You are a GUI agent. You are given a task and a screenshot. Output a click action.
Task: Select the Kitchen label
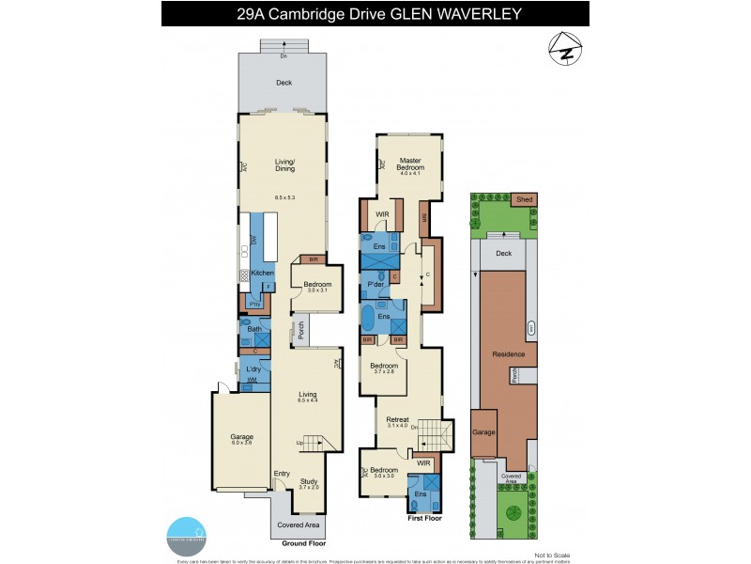click(x=262, y=273)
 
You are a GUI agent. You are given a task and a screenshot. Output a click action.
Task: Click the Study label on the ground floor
click(x=309, y=481)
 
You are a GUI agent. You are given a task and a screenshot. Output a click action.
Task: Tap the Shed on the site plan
click(x=522, y=199)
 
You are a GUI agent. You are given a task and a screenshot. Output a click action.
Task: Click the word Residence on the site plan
click(x=508, y=354)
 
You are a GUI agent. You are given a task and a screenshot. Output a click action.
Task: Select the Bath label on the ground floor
click(x=254, y=329)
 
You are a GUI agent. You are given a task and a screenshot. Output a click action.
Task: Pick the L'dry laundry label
click(x=253, y=368)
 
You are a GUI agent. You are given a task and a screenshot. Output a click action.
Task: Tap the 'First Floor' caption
click(x=424, y=517)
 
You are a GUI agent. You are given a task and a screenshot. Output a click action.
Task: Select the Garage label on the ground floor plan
click(x=241, y=435)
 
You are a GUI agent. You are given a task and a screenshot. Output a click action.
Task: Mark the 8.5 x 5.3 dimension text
click(x=284, y=197)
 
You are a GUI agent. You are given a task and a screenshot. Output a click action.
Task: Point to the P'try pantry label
click(x=253, y=304)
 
